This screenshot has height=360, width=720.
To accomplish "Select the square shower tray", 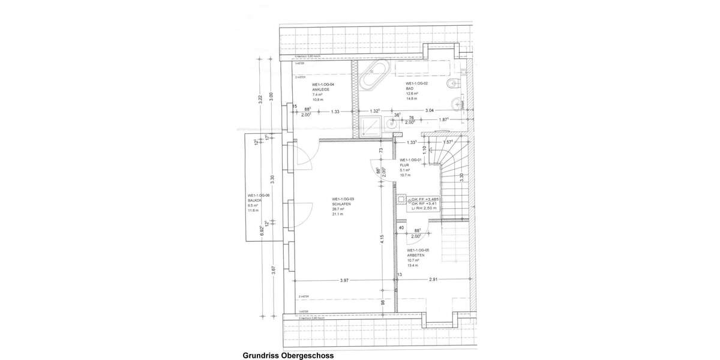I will pos(370,126).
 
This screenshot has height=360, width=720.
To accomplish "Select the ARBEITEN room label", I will pos(416,255).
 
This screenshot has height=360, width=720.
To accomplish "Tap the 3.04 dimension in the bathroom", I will pos(430,111).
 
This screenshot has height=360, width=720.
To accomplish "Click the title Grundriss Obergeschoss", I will pos(287,355).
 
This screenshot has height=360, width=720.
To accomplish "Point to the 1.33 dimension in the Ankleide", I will pos(335,112).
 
